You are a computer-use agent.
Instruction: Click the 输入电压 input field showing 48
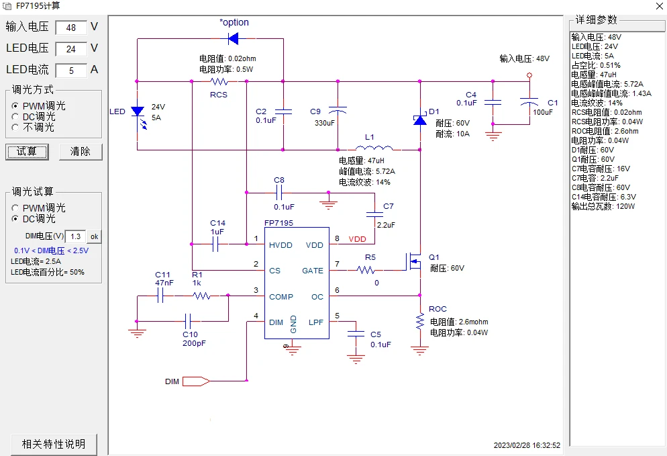(70, 28)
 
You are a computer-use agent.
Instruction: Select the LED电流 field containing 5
(70, 71)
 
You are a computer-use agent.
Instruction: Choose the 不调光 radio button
(15, 127)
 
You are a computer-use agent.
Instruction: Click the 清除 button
(81, 151)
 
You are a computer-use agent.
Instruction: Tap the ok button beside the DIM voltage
(94, 236)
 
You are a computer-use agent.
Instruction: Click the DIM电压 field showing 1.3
(75, 236)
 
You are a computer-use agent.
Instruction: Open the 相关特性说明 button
(54, 444)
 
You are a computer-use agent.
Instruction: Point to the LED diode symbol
(138, 111)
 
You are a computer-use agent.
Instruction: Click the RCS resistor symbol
(219, 81)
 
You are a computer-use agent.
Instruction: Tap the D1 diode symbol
(420, 120)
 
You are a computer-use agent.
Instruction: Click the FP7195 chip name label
(278, 222)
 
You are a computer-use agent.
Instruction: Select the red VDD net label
(358, 239)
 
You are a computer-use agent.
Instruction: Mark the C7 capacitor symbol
(374, 215)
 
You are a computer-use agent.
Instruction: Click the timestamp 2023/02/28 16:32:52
(527, 445)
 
